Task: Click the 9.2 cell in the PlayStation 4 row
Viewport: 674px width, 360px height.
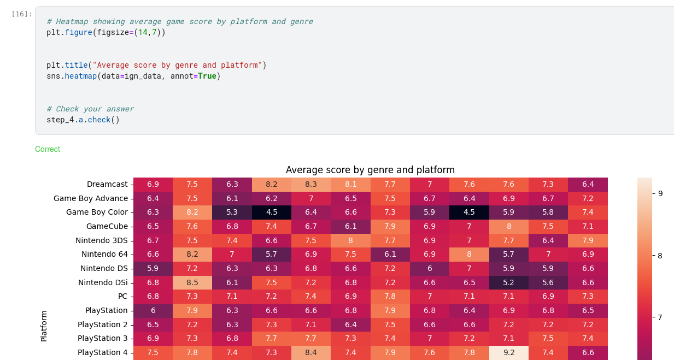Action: [x=508, y=352]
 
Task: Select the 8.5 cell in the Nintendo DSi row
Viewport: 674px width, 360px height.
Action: [x=192, y=282]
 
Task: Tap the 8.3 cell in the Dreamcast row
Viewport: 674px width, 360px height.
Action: [x=311, y=185]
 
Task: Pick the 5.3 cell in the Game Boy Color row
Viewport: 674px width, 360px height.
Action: [x=232, y=213]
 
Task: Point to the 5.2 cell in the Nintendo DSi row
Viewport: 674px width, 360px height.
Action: [x=508, y=282]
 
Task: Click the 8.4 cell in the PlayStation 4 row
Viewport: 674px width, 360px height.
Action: [x=311, y=352]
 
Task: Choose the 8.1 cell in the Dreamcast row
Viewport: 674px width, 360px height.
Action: [x=350, y=185]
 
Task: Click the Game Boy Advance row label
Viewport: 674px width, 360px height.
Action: [x=91, y=198]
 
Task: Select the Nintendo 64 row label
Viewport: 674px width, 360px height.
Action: [x=104, y=254]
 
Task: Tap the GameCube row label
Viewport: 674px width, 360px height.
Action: [x=107, y=226]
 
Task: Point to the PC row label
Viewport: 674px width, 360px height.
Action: [x=122, y=296]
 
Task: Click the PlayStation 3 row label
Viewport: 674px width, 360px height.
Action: [x=102, y=338]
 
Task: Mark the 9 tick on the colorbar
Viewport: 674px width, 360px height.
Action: [x=660, y=193]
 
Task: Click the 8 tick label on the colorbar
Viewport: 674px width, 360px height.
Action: [x=660, y=255]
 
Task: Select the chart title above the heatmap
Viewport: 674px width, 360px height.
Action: [x=370, y=170]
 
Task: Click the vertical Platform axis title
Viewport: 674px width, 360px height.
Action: [x=44, y=326]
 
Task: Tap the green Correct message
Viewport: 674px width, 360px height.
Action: [x=48, y=149]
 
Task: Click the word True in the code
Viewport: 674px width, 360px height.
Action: [x=207, y=76]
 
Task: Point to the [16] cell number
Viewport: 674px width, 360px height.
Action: [x=22, y=14]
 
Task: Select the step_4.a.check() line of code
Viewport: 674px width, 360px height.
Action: [x=83, y=120]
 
